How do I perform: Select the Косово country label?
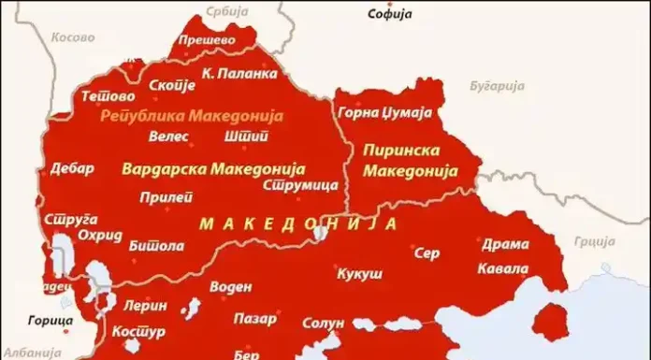coord(73,38)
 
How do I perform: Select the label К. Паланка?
coord(239,72)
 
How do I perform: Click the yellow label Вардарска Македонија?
coord(214,170)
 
